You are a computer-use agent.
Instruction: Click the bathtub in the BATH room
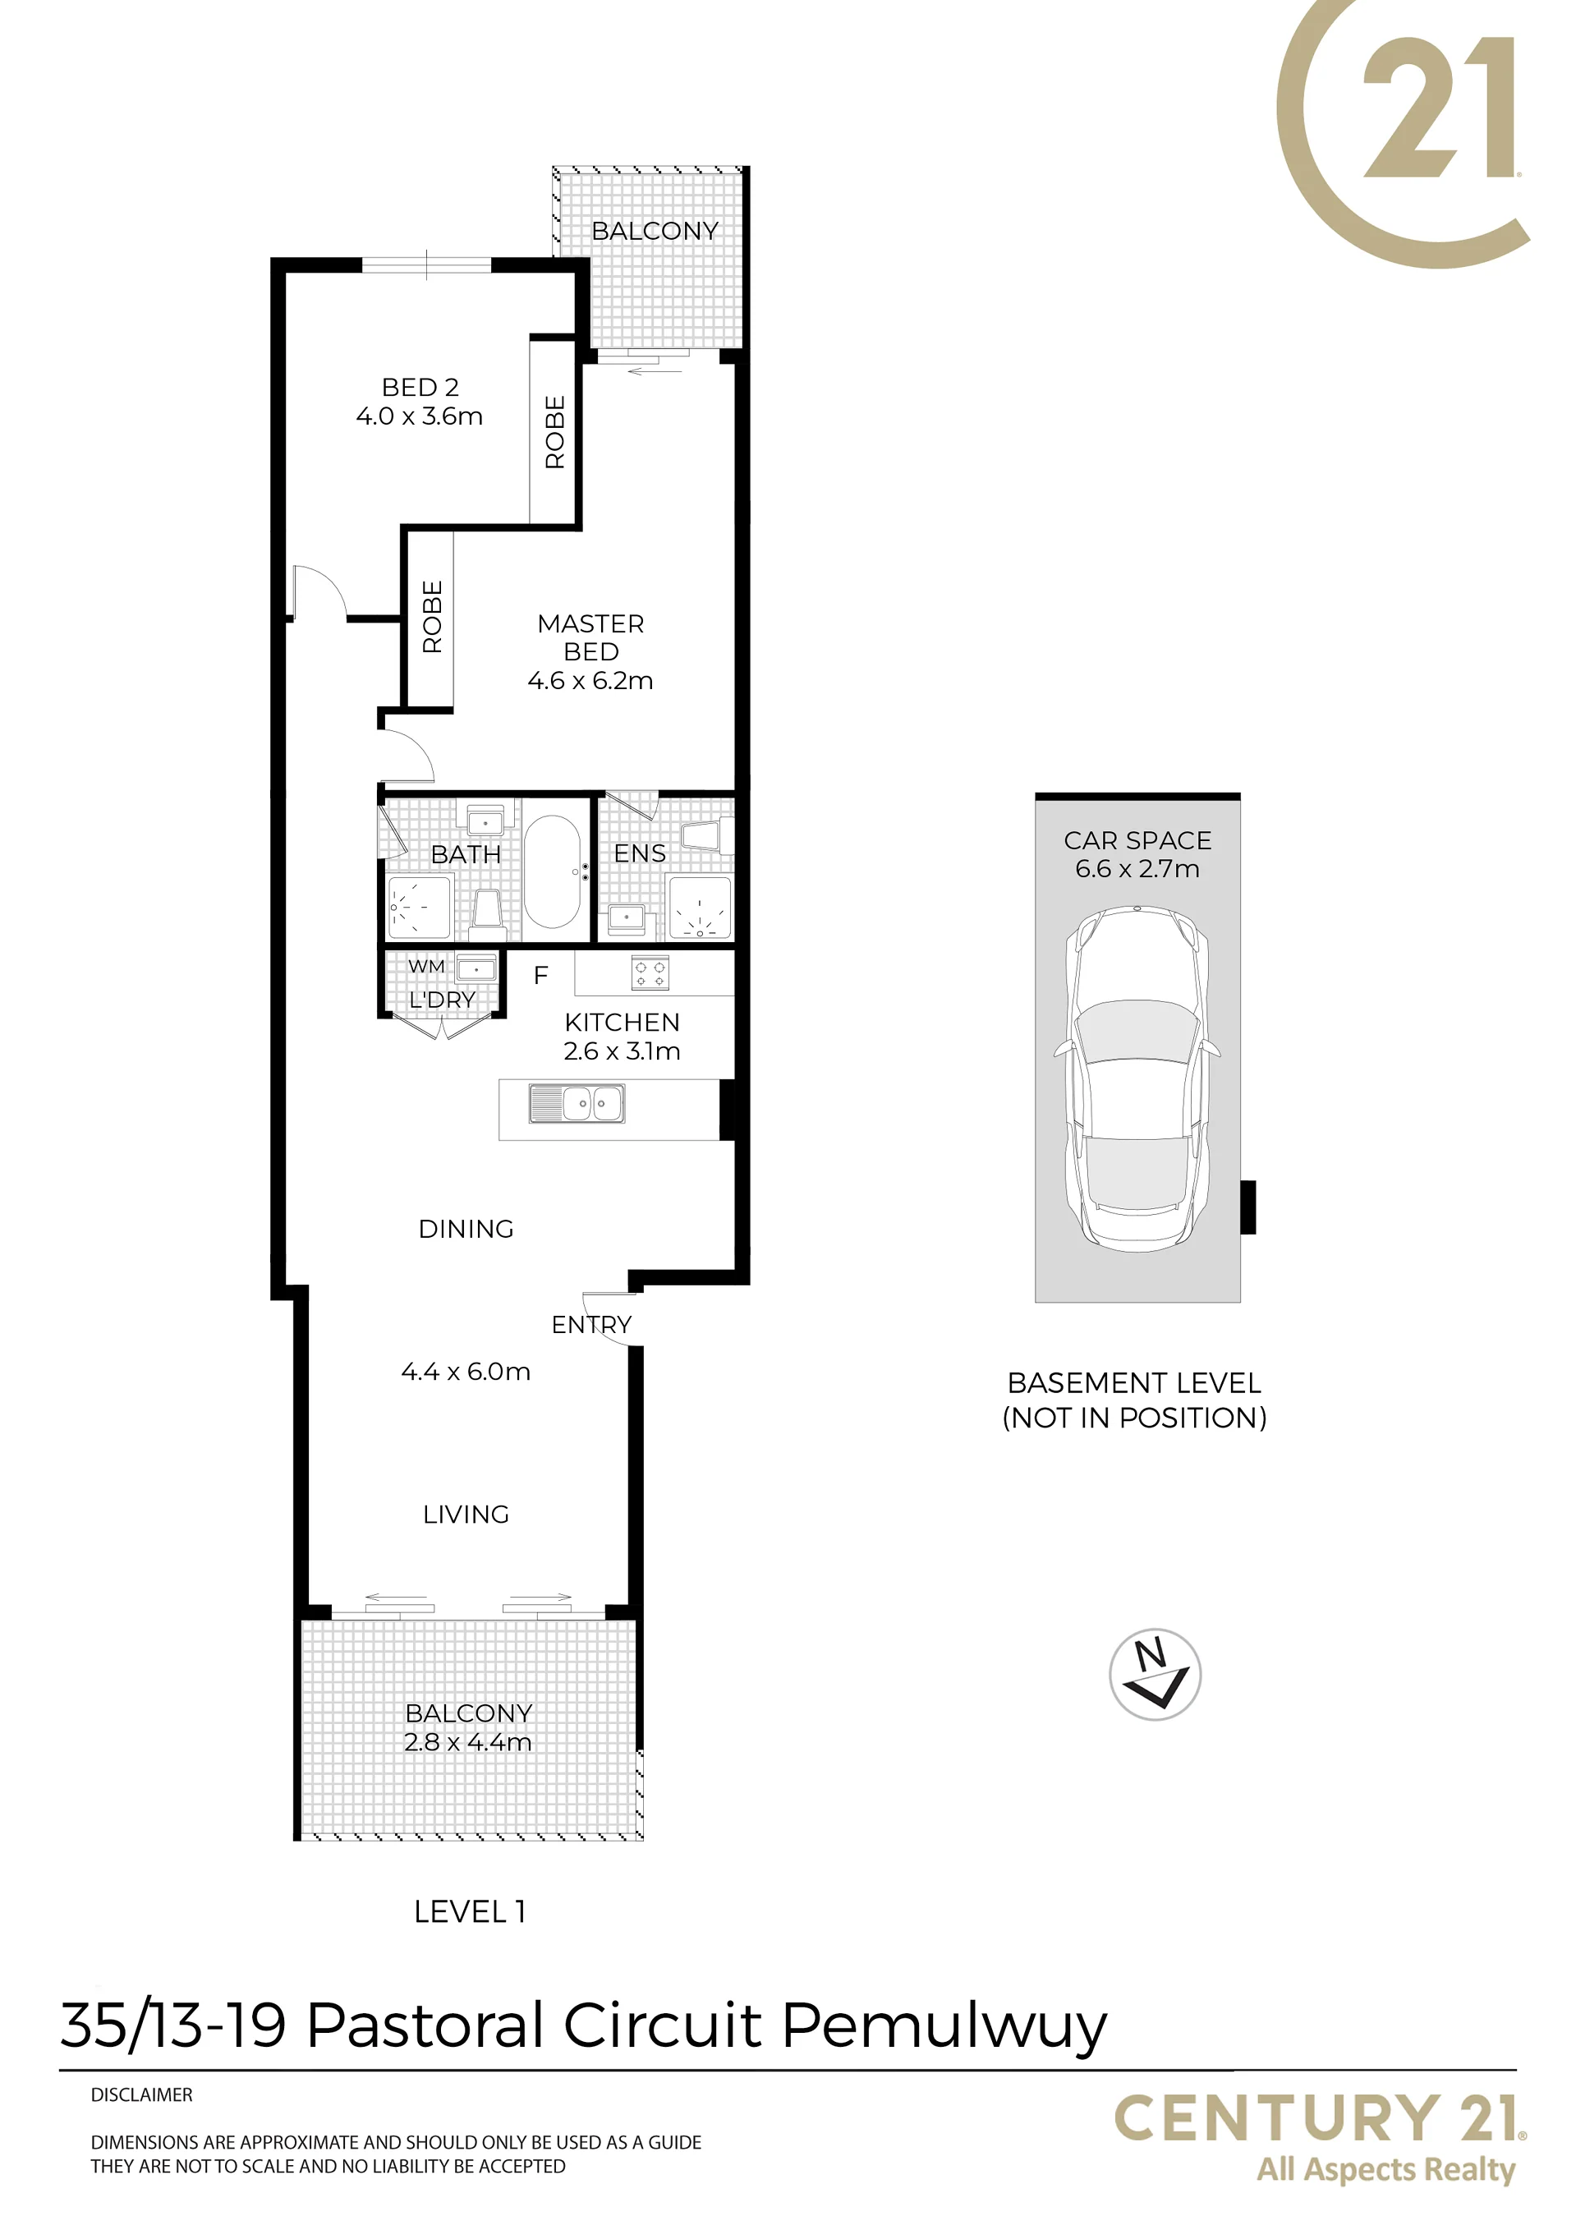[553, 871]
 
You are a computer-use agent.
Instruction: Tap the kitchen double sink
[577, 1104]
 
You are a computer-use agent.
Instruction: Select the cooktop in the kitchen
[650, 972]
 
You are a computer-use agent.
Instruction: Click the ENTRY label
[591, 1324]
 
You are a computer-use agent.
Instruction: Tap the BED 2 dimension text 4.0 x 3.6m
[420, 416]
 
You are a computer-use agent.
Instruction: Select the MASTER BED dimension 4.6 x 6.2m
[590, 681]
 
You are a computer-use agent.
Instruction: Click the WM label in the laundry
[426, 967]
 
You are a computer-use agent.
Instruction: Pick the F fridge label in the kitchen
[541, 975]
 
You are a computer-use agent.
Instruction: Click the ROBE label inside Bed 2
[554, 432]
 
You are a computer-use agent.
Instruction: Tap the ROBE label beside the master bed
[432, 617]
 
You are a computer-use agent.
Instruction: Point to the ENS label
[640, 853]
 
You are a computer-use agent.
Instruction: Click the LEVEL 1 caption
[470, 1911]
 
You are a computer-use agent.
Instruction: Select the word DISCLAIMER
[142, 2095]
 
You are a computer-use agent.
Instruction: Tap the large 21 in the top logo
[1438, 107]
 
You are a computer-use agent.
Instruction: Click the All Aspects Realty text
[1385, 2170]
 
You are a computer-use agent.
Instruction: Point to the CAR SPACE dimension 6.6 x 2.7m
[1137, 868]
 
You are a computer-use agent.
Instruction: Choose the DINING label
[466, 1229]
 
